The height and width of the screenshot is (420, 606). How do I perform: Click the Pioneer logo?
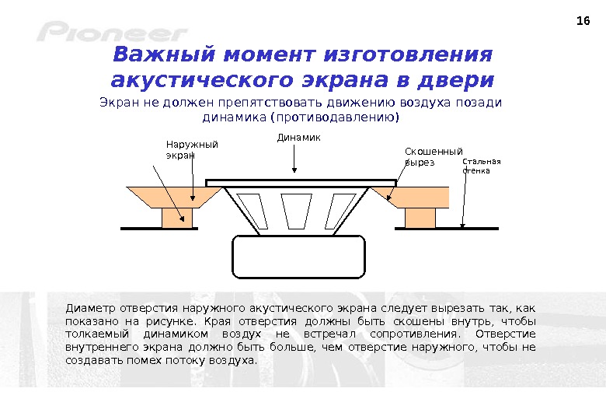pos(112,33)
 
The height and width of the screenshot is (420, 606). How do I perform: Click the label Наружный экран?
pos(192,149)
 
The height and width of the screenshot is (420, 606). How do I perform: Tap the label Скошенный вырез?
pos(433,156)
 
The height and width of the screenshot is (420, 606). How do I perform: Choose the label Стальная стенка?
pos(482,166)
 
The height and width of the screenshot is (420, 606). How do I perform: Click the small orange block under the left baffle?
pos(176,218)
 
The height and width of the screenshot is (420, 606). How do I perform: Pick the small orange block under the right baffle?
pos(420,218)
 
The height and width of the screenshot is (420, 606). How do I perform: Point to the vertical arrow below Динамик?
pos(294,159)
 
